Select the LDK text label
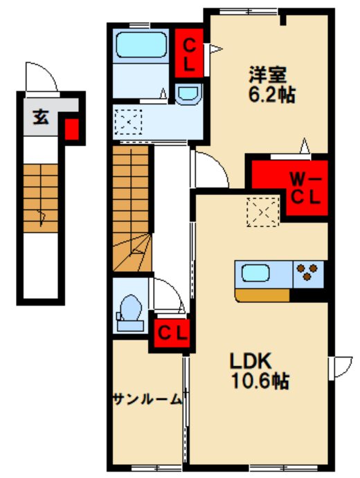tap(250, 360)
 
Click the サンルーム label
tap(146, 398)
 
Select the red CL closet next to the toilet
tap(171, 332)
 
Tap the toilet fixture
tap(129, 310)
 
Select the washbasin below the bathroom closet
tap(188, 94)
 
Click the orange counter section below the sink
tap(262, 295)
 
